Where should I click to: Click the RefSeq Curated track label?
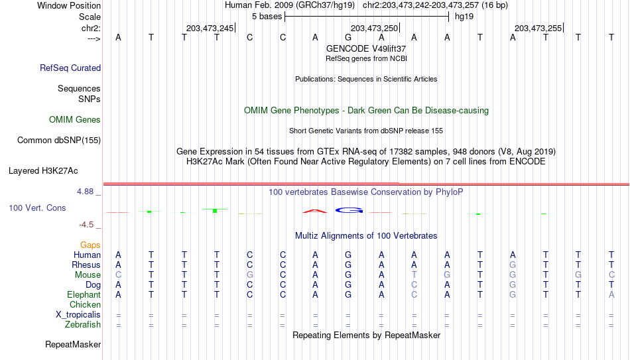pyautogui.click(x=70, y=68)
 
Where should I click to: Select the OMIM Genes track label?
pyautogui.click(x=75, y=120)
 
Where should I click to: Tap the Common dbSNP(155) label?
pyautogui.click(x=59, y=141)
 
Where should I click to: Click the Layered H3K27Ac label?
pyautogui.click(x=43, y=171)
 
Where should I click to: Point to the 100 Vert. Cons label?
pyautogui.click(x=37, y=208)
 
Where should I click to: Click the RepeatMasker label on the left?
pyautogui.click(x=73, y=344)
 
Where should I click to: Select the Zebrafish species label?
pyautogui.click(x=83, y=324)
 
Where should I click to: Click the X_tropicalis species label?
pyautogui.click(x=78, y=315)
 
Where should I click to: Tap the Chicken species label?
pyautogui.click(x=85, y=304)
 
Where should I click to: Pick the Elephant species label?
pyautogui.click(x=84, y=294)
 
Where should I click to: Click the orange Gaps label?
pyautogui.click(x=90, y=245)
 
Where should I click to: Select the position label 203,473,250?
pyautogui.click(x=374, y=28)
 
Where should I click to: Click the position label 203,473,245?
pyautogui.click(x=210, y=28)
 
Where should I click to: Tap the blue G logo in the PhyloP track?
pyautogui.click(x=349, y=210)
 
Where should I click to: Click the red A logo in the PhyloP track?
pyautogui.click(x=315, y=211)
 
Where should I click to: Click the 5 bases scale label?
pyautogui.click(x=267, y=17)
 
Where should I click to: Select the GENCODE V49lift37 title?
pyautogui.click(x=366, y=48)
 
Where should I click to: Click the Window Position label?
pyautogui.click(x=69, y=5)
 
